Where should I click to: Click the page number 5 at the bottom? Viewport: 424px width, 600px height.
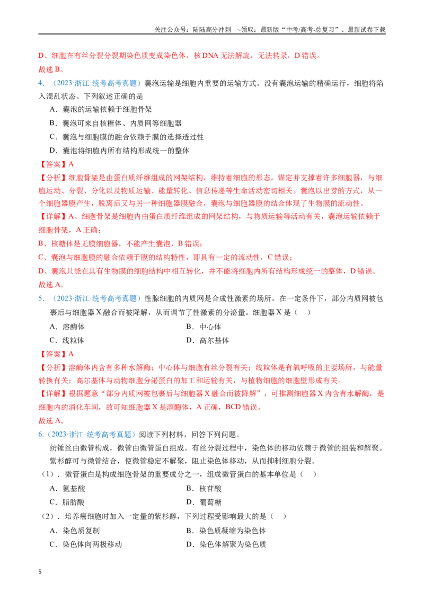coord(40,572)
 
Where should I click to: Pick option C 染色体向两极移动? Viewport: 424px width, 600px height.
coord(86,544)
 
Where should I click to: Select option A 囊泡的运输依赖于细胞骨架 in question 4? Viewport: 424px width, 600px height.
coord(101,109)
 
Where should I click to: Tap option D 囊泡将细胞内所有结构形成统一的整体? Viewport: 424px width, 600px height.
coord(119,151)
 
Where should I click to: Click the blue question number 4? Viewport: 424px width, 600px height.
coord(41,83)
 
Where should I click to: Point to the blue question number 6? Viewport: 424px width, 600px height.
coord(41,435)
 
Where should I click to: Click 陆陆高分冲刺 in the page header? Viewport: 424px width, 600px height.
coord(212,30)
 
